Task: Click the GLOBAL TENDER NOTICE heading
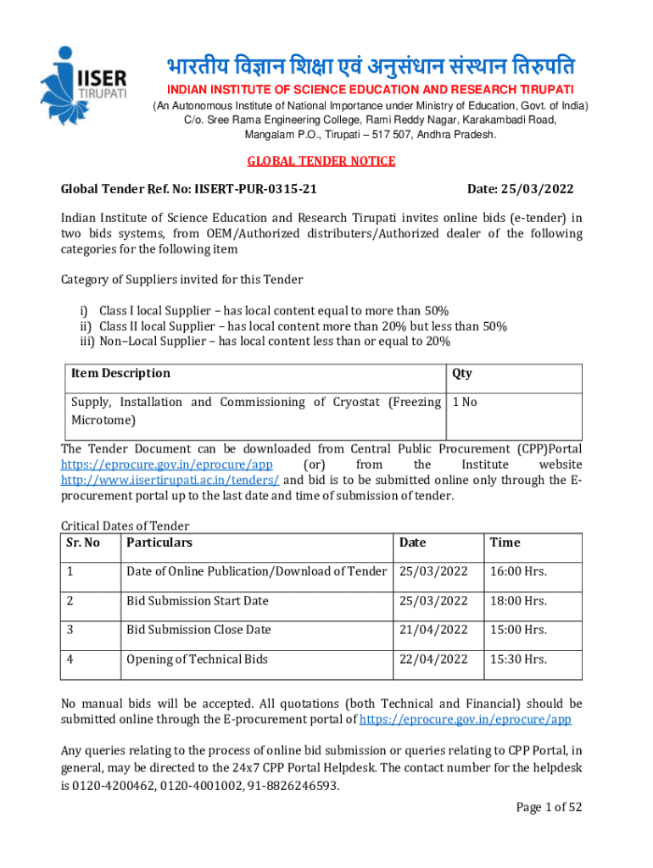click(x=321, y=161)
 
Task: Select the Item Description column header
click(x=120, y=373)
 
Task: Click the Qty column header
click(x=462, y=373)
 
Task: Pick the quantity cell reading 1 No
click(x=466, y=402)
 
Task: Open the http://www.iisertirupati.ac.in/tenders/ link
click(x=170, y=480)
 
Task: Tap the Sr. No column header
click(x=82, y=542)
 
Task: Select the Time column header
click(x=505, y=542)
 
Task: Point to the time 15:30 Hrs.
click(x=518, y=659)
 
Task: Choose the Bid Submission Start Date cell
click(x=198, y=601)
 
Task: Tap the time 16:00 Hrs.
click(x=518, y=572)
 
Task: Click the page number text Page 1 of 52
click(x=550, y=807)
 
